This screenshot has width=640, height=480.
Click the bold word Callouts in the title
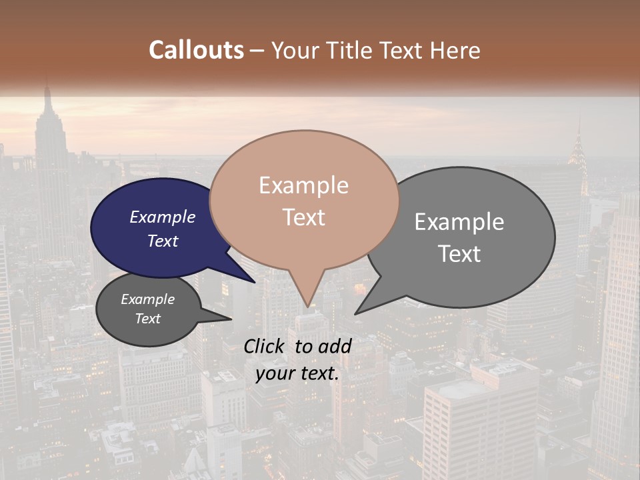pos(196,50)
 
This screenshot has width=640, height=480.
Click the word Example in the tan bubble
pos(304,185)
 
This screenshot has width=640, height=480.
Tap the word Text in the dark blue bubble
pos(163,241)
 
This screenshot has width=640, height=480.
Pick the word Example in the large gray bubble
pos(459,222)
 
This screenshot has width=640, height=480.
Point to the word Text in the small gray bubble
pos(148,319)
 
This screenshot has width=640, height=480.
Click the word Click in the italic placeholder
pos(265,346)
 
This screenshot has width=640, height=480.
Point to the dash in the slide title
pos(257,51)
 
